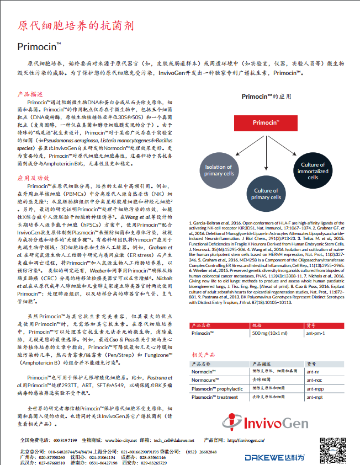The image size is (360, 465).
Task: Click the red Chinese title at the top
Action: (x=75, y=26)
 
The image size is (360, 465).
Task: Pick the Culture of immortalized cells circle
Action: (x=313, y=171)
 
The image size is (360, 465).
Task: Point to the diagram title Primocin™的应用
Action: (x=266, y=95)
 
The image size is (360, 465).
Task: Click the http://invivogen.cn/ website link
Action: (x=246, y=440)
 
